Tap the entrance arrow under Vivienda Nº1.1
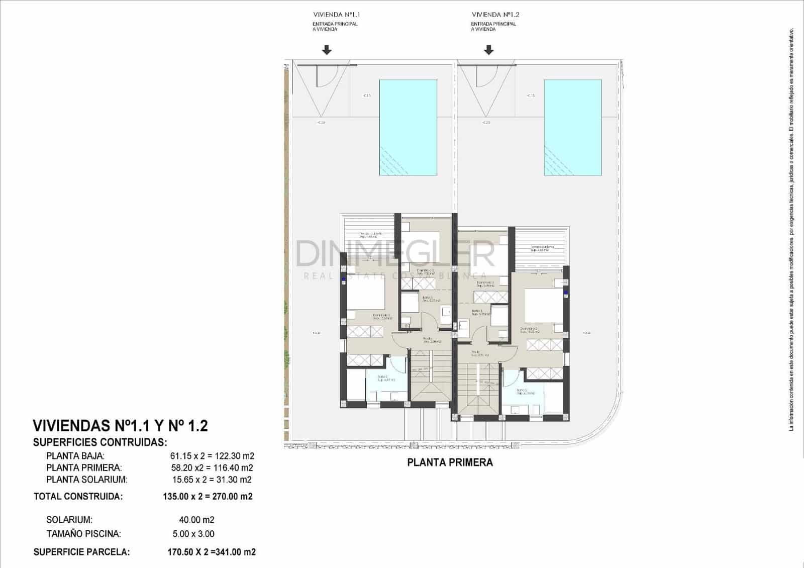point(327,50)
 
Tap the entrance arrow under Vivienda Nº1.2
point(488,50)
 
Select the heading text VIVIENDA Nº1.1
point(336,15)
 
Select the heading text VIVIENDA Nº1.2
point(495,15)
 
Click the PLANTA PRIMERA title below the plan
point(450,462)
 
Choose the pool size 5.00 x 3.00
point(193,534)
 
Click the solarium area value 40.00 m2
point(196,520)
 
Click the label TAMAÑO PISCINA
point(83,534)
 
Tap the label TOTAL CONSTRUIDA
point(78,497)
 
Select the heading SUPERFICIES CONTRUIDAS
point(100,443)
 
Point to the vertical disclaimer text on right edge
point(791,226)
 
